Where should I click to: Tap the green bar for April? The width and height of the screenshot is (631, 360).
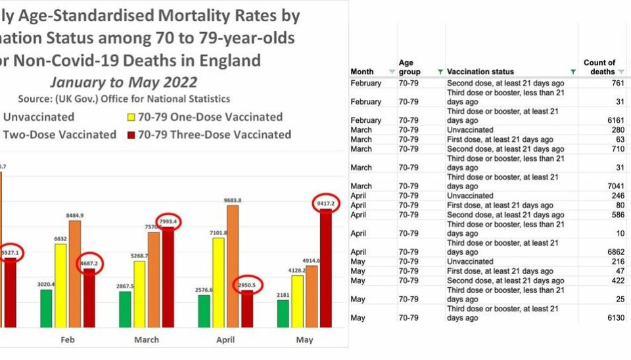[x=204, y=311]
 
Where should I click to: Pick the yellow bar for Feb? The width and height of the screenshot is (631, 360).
[x=60, y=286]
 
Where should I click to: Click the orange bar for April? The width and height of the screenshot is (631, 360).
[x=233, y=266]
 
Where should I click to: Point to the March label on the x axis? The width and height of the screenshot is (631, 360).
[x=146, y=340]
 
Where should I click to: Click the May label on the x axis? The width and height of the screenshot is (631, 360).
[x=304, y=340]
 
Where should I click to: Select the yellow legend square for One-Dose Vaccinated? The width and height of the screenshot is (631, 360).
[x=131, y=118]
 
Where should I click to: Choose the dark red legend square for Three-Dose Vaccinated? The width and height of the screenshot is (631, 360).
[x=131, y=135]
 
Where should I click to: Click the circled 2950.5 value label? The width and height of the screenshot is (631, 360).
[x=247, y=284]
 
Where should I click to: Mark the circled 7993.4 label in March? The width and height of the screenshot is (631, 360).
[x=168, y=222]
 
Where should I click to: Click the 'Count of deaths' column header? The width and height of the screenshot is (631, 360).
[x=599, y=67]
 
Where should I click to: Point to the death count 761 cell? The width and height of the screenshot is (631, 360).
[x=607, y=83]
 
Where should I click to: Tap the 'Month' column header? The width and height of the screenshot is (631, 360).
[x=362, y=72]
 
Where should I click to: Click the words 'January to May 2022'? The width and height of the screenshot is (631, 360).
[x=124, y=82]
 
